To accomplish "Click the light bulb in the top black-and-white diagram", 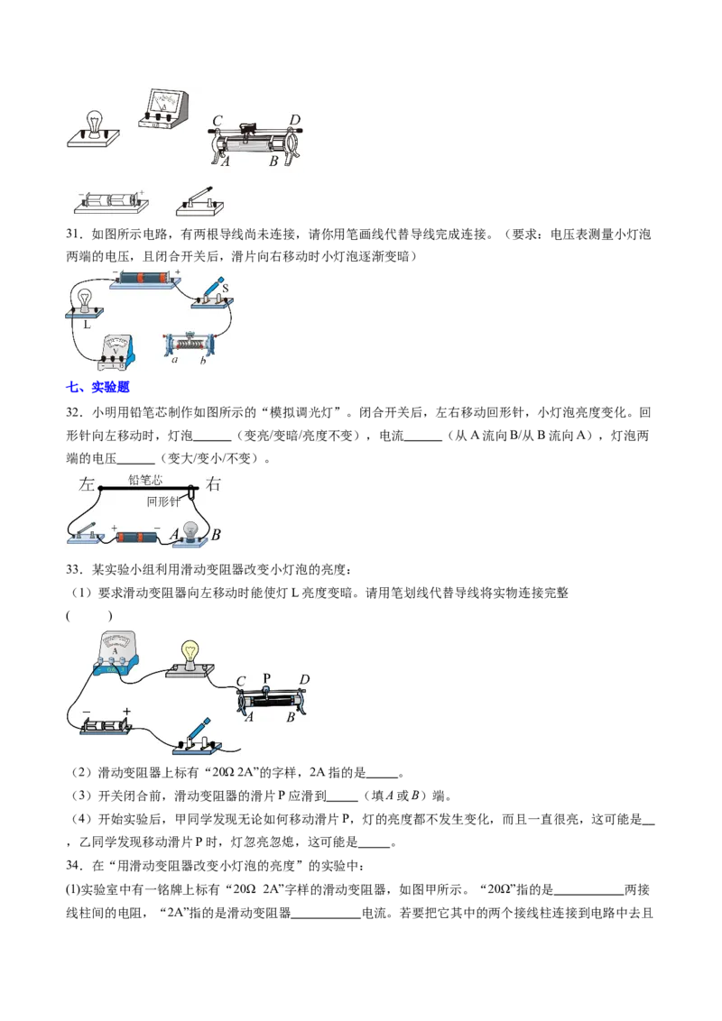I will [94, 123].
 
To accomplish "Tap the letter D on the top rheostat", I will [294, 120].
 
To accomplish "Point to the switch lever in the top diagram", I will [200, 193].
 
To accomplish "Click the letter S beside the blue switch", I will [224, 289].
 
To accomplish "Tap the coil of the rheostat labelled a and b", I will [191, 344].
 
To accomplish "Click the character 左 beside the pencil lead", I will [87, 484].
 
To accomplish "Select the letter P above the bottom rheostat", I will [266, 678].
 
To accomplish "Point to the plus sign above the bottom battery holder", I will [126, 712].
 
